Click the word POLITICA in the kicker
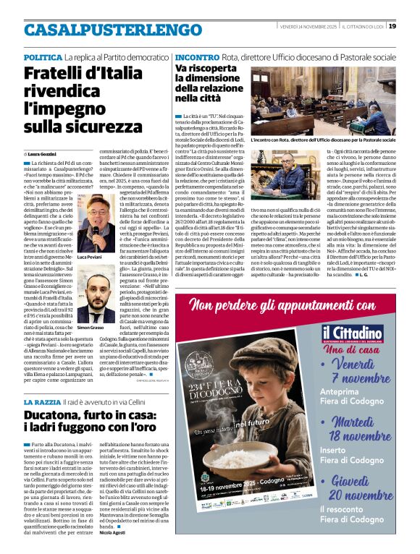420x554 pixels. coord(43,56)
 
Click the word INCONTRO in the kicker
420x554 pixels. coord(197,56)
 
